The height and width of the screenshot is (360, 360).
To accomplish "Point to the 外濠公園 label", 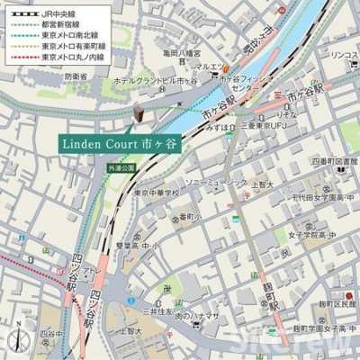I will click(x=120, y=167).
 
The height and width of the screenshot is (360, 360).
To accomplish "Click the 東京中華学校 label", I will click(x=157, y=192).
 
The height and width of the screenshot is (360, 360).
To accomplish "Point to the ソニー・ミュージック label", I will click(x=215, y=182).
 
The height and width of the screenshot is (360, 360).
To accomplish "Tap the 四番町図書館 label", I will click(x=331, y=161).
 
